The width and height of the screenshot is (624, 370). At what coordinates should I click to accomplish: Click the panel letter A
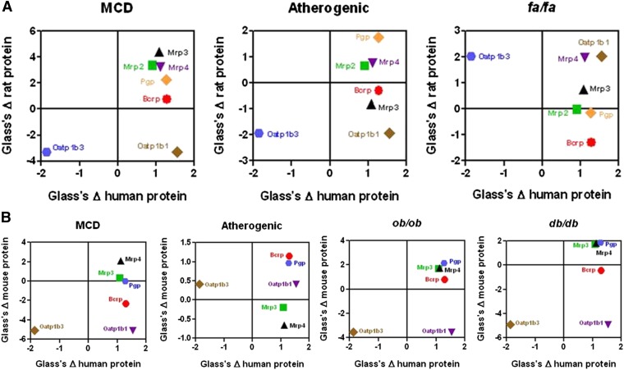(x=7, y=7)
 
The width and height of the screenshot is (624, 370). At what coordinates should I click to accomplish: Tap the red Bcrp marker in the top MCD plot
(x=166, y=98)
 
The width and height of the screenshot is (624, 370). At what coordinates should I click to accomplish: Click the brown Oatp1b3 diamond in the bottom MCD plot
(x=34, y=330)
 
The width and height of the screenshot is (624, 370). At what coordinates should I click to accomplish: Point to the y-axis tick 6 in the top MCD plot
(x=25, y=31)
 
